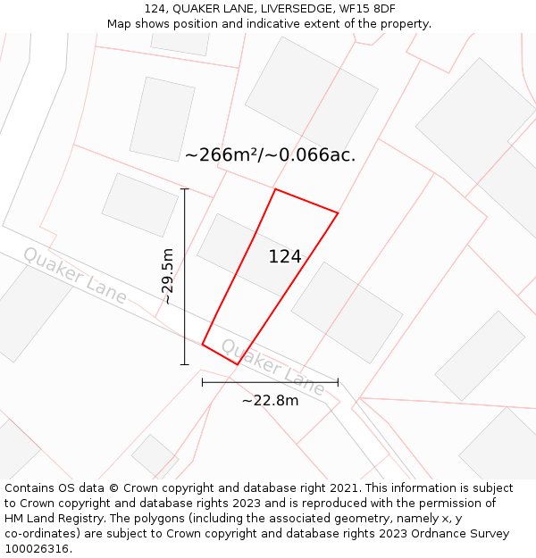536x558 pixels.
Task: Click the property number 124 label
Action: pos(285,257)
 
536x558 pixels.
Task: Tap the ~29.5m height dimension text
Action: pos(167,277)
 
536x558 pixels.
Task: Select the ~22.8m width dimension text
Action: pos(270,401)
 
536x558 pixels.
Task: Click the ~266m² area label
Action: pos(222,154)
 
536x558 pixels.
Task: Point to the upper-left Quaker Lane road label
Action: pos(75,275)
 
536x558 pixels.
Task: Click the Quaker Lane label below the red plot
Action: pos(272,366)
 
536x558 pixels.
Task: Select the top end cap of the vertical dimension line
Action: pos(185,189)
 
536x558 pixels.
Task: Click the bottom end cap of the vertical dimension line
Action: pos(185,364)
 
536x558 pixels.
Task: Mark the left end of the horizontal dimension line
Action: pos(203,382)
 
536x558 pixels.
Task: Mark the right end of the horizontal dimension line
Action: pos(338,382)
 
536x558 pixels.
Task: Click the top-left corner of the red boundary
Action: pos(275,189)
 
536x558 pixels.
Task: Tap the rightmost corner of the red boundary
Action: pos(338,212)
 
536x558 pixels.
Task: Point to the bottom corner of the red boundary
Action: pos(237,364)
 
